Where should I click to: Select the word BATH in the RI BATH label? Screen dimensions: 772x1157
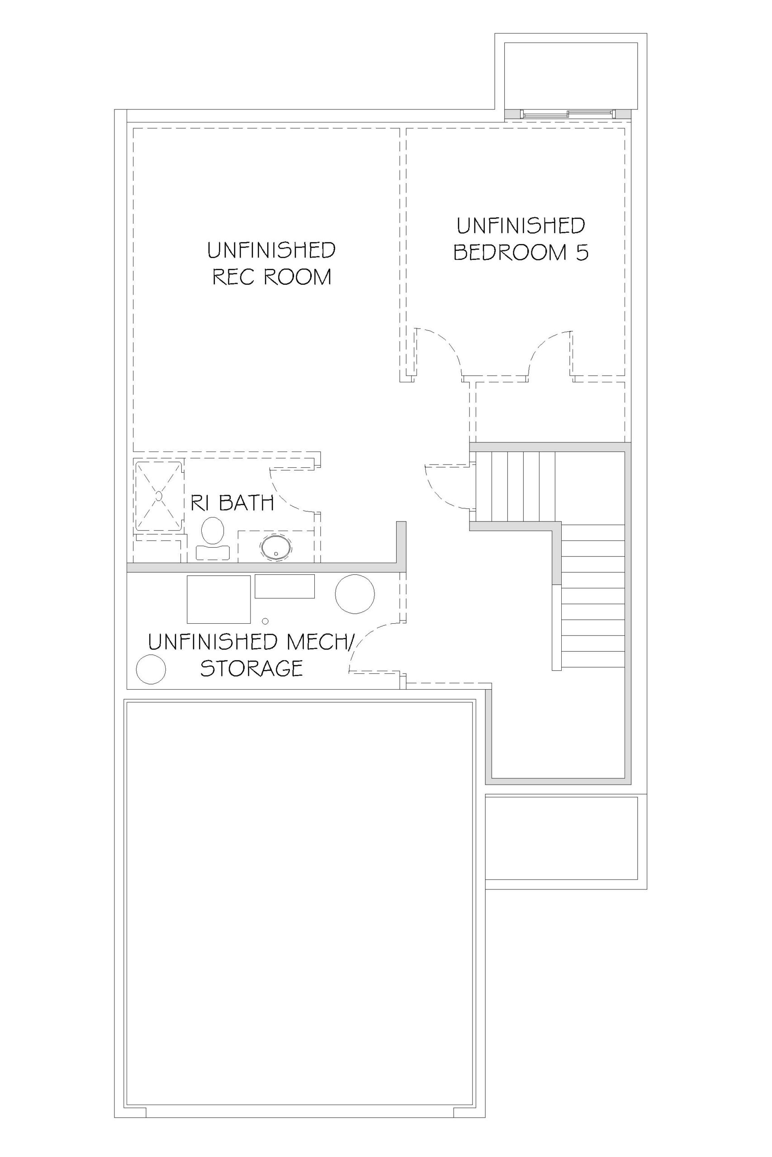(246, 503)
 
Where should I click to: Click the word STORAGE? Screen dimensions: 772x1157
(251, 668)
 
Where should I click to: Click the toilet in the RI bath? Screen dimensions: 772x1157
(213, 539)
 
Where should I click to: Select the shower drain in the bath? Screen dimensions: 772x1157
(159, 496)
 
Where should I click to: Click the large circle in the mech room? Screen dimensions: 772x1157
(355, 594)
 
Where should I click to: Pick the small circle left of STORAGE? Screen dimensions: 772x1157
(151, 669)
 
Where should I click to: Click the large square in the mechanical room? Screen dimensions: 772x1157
(218, 599)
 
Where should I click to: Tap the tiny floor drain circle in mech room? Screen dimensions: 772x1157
(265, 621)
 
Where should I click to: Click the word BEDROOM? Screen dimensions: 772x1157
(510, 252)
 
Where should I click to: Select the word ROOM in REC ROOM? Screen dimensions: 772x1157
(298, 277)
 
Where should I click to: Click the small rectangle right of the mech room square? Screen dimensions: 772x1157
(284, 586)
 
